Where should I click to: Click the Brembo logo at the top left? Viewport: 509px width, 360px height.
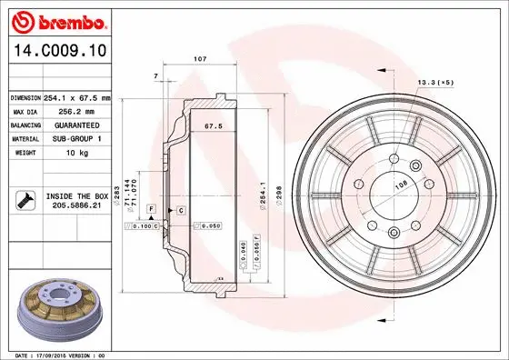pyautogui.click(x=57, y=20)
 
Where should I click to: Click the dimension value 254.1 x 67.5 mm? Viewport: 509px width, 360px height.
pyautogui.click(x=76, y=97)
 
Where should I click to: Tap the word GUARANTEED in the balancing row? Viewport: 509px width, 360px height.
pyautogui.click(x=77, y=125)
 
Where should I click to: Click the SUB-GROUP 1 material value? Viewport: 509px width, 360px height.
pyautogui.click(x=76, y=138)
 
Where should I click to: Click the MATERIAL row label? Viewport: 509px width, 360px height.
pyautogui.click(x=25, y=138)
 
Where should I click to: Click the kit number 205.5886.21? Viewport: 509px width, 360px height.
pyautogui.click(x=76, y=205)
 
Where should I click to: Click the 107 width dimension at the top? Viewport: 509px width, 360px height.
pyautogui.click(x=200, y=59)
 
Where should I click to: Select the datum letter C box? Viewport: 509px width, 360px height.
pyautogui.click(x=182, y=210)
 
